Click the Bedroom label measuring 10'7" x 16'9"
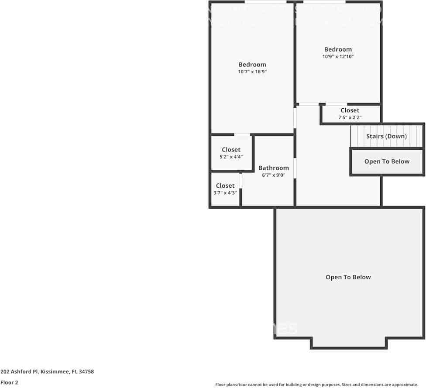tap(252, 65)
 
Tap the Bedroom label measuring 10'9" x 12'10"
tap(338, 49)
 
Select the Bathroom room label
tap(274, 168)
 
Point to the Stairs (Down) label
tap(386, 136)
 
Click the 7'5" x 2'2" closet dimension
tap(350, 117)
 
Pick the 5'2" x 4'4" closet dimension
tap(231, 157)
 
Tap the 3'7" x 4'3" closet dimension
tap(225, 192)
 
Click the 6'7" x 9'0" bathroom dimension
tap(274, 175)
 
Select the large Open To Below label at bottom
tap(348, 277)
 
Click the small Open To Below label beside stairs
tap(387, 161)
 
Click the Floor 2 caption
tap(9, 382)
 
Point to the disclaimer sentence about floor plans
tap(317, 385)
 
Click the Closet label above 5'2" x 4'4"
tap(231, 150)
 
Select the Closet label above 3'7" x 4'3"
tap(225, 185)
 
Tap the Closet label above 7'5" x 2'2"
tap(350, 110)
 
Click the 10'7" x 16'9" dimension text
tap(252, 72)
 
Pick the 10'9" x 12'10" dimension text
tap(338, 57)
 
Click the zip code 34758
tap(86, 372)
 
